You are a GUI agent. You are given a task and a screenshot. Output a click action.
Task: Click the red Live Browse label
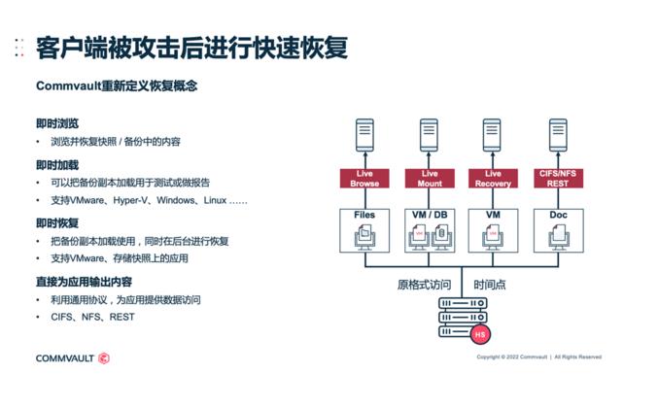[x=366, y=179]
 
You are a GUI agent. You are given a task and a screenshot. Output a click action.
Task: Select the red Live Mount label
[x=431, y=179]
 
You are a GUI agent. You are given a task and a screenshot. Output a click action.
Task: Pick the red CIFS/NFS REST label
[x=558, y=179]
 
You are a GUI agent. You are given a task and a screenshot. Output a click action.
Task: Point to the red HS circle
[x=478, y=335]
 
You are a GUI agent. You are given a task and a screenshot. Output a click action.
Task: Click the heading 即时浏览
[x=57, y=123]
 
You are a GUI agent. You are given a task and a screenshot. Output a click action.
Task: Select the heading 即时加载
[x=57, y=164]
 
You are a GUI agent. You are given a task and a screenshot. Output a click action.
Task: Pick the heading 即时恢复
[x=57, y=222]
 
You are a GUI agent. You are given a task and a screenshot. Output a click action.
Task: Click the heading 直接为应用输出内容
[x=84, y=282]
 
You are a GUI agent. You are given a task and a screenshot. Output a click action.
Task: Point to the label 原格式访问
[x=424, y=286]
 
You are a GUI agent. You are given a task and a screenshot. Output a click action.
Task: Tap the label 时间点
[x=491, y=286]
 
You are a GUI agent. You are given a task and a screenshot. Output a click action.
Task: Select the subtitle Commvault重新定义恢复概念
[x=117, y=85]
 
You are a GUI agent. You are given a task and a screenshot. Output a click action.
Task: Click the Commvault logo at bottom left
[x=72, y=358]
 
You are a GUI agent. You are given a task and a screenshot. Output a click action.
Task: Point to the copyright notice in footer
[x=538, y=357]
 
